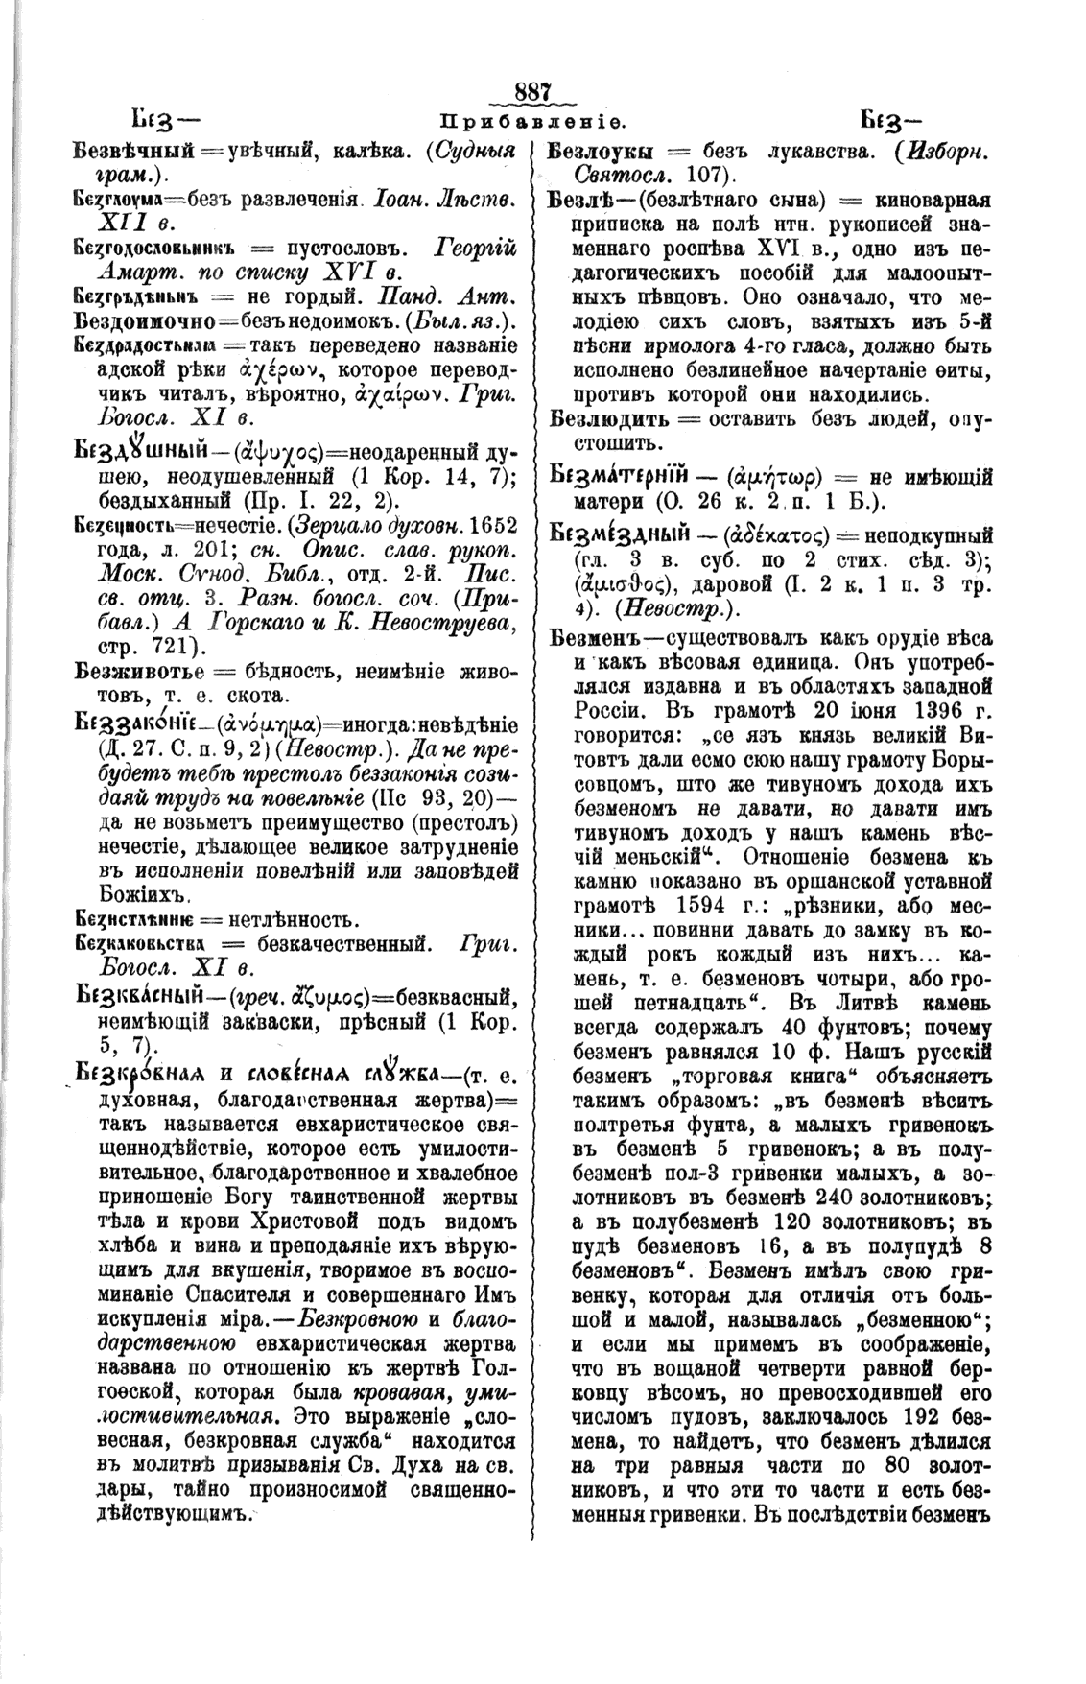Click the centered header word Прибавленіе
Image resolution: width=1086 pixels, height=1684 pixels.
(532, 123)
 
